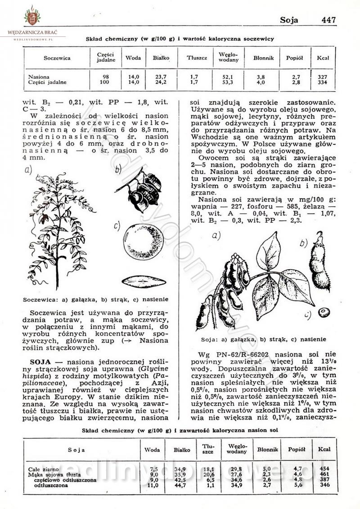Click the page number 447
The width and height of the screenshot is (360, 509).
(x=329, y=20)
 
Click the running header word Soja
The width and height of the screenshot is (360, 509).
(x=289, y=20)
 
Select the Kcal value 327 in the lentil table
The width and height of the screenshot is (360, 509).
(x=322, y=77)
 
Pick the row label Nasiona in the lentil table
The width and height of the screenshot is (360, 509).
(x=39, y=77)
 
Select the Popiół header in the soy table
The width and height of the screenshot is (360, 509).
(x=297, y=449)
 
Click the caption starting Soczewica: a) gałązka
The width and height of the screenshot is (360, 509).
(x=96, y=299)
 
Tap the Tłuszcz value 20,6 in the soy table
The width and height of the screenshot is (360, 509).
(x=207, y=474)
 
